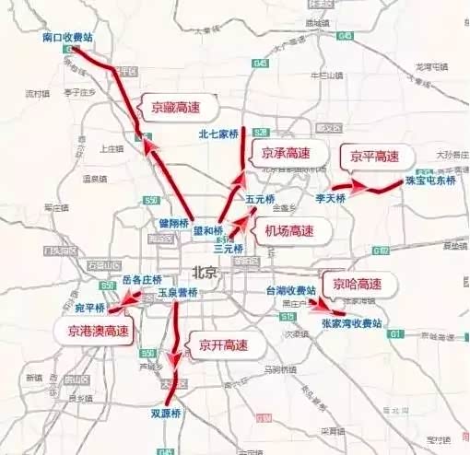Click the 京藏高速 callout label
coord(173,107)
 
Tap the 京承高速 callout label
coord(283,153)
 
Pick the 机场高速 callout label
coord(288,231)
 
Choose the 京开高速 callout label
coord(219,345)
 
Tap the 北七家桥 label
coord(217,134)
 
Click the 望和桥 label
coord(208,230)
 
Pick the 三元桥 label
coord(227,249)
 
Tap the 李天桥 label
coord(330,198)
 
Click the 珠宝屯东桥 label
coord(430,181)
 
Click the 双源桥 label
coord(168,414)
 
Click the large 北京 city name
coord(206,273)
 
